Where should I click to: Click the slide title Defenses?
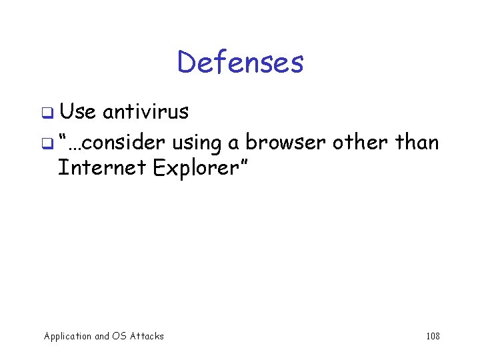pos(240,63)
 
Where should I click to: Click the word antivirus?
pos(146,111)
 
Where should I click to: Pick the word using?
pos(197,143)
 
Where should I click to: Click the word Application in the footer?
pos(67,337)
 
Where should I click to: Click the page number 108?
pos(433,336)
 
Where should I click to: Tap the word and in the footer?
pos(103,336)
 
